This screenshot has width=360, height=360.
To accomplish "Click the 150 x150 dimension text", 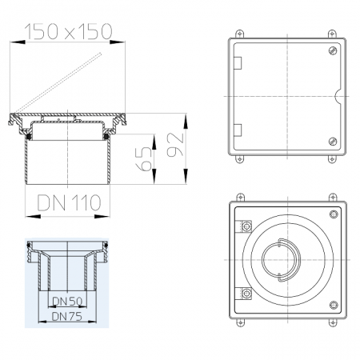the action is click(68, 31).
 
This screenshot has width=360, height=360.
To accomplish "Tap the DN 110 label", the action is click(69, 203).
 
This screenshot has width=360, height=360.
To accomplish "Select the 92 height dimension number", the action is click(175, 144).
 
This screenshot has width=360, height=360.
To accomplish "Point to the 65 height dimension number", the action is click(143, 159).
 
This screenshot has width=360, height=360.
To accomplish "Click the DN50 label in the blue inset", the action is click(67, 302).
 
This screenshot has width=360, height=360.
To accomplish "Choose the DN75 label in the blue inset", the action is click(66, 317).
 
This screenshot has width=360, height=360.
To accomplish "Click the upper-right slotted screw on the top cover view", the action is click(333, 50).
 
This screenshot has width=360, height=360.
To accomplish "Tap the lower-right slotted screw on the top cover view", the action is click(333, 141).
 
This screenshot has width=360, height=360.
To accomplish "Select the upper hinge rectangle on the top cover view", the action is click(238, 63).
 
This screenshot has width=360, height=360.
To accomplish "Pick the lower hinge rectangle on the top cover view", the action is click(238, 130).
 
